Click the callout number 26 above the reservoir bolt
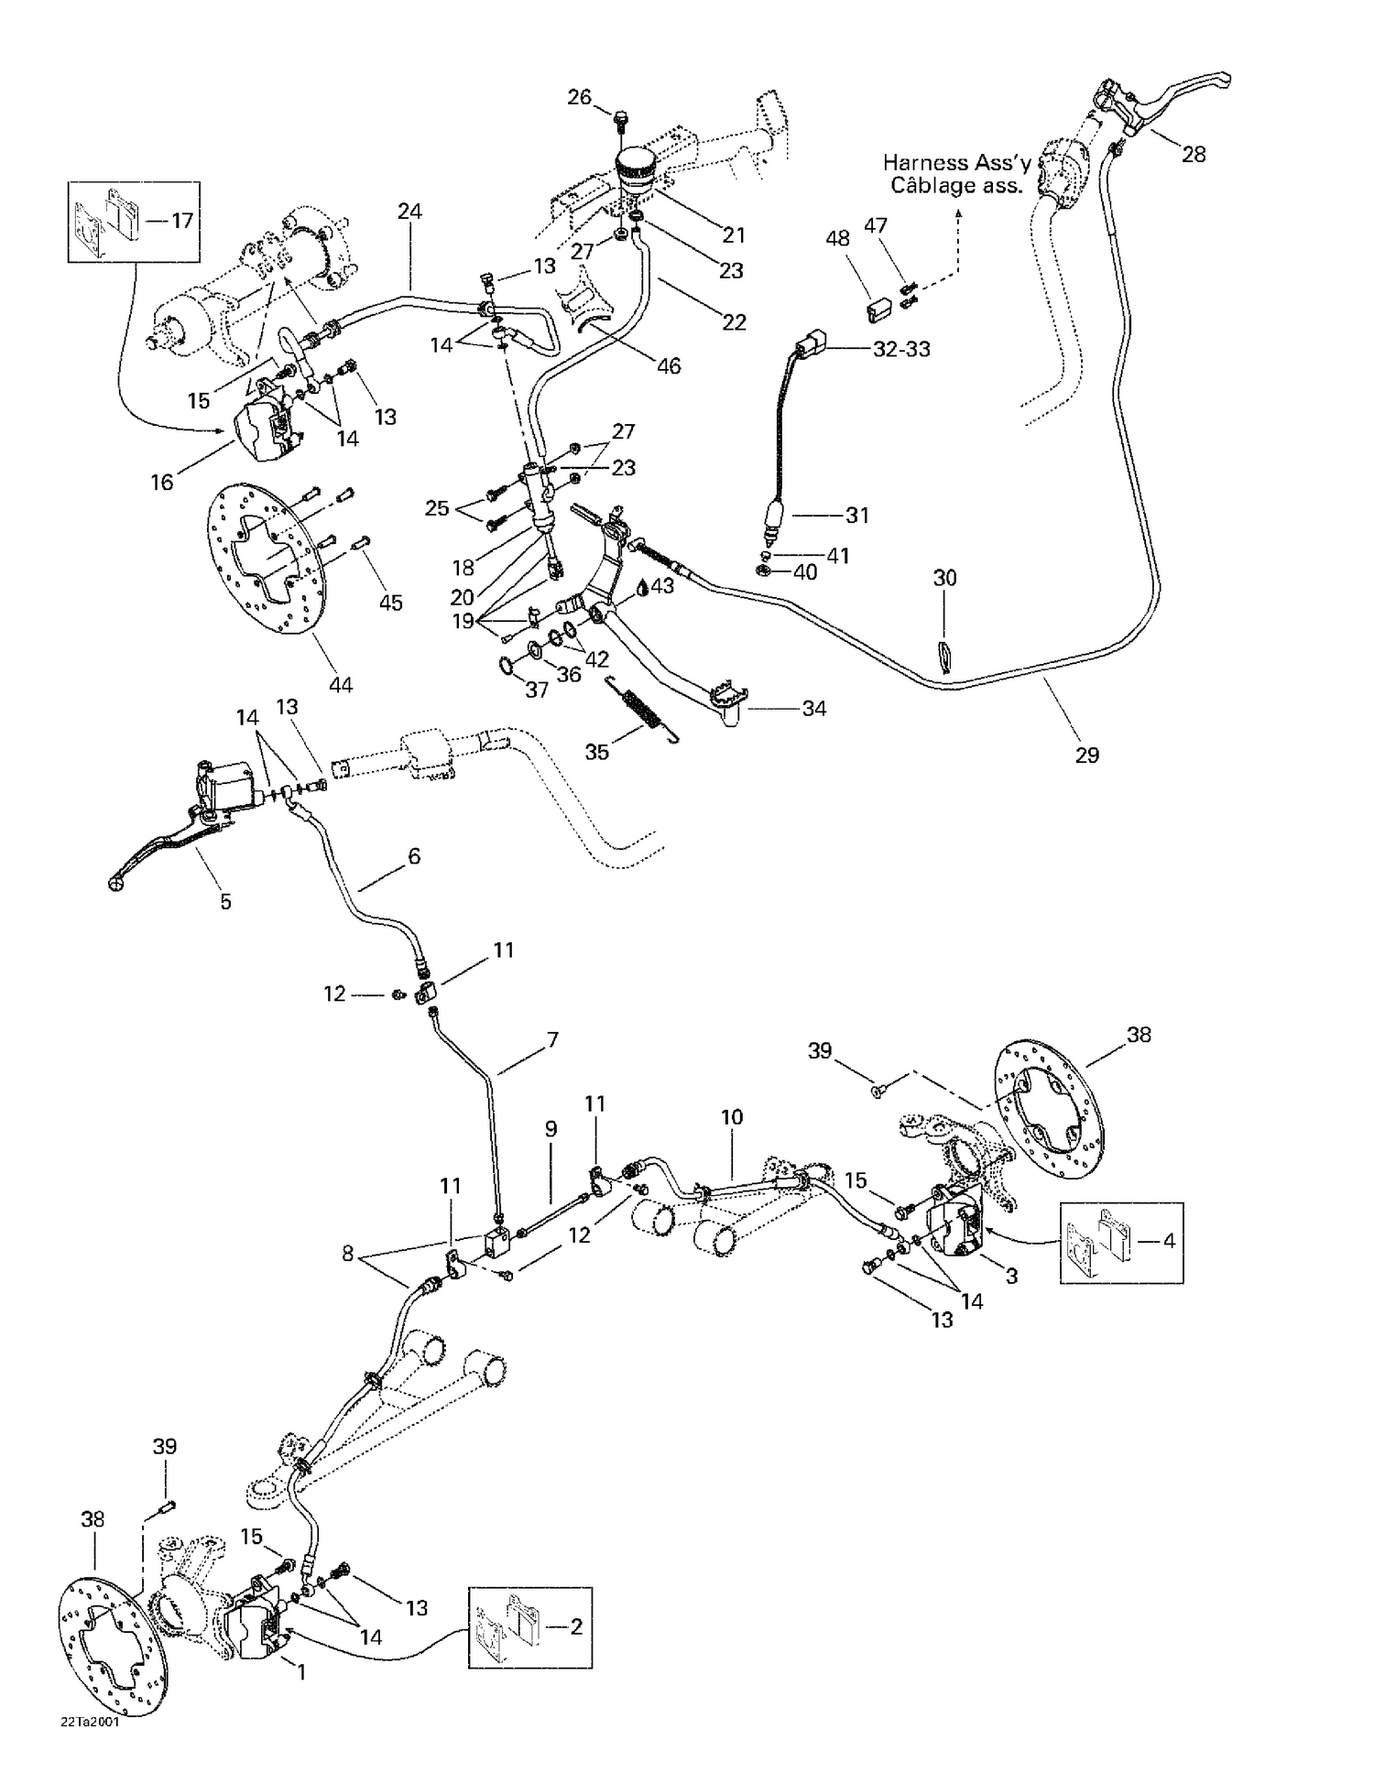coord(580,96)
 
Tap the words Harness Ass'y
coord(956,163)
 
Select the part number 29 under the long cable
coord(1086,755)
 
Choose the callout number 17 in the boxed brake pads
coord(182,220)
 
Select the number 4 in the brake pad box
coord(1169,1241)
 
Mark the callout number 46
coord(669,365)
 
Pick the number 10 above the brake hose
coord(732,1116)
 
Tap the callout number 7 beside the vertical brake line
coord(552,1039)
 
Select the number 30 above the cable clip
coord(944,577)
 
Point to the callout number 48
coord(837,238)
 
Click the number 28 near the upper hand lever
coord(1194,154)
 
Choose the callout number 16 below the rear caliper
coord(162,482)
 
